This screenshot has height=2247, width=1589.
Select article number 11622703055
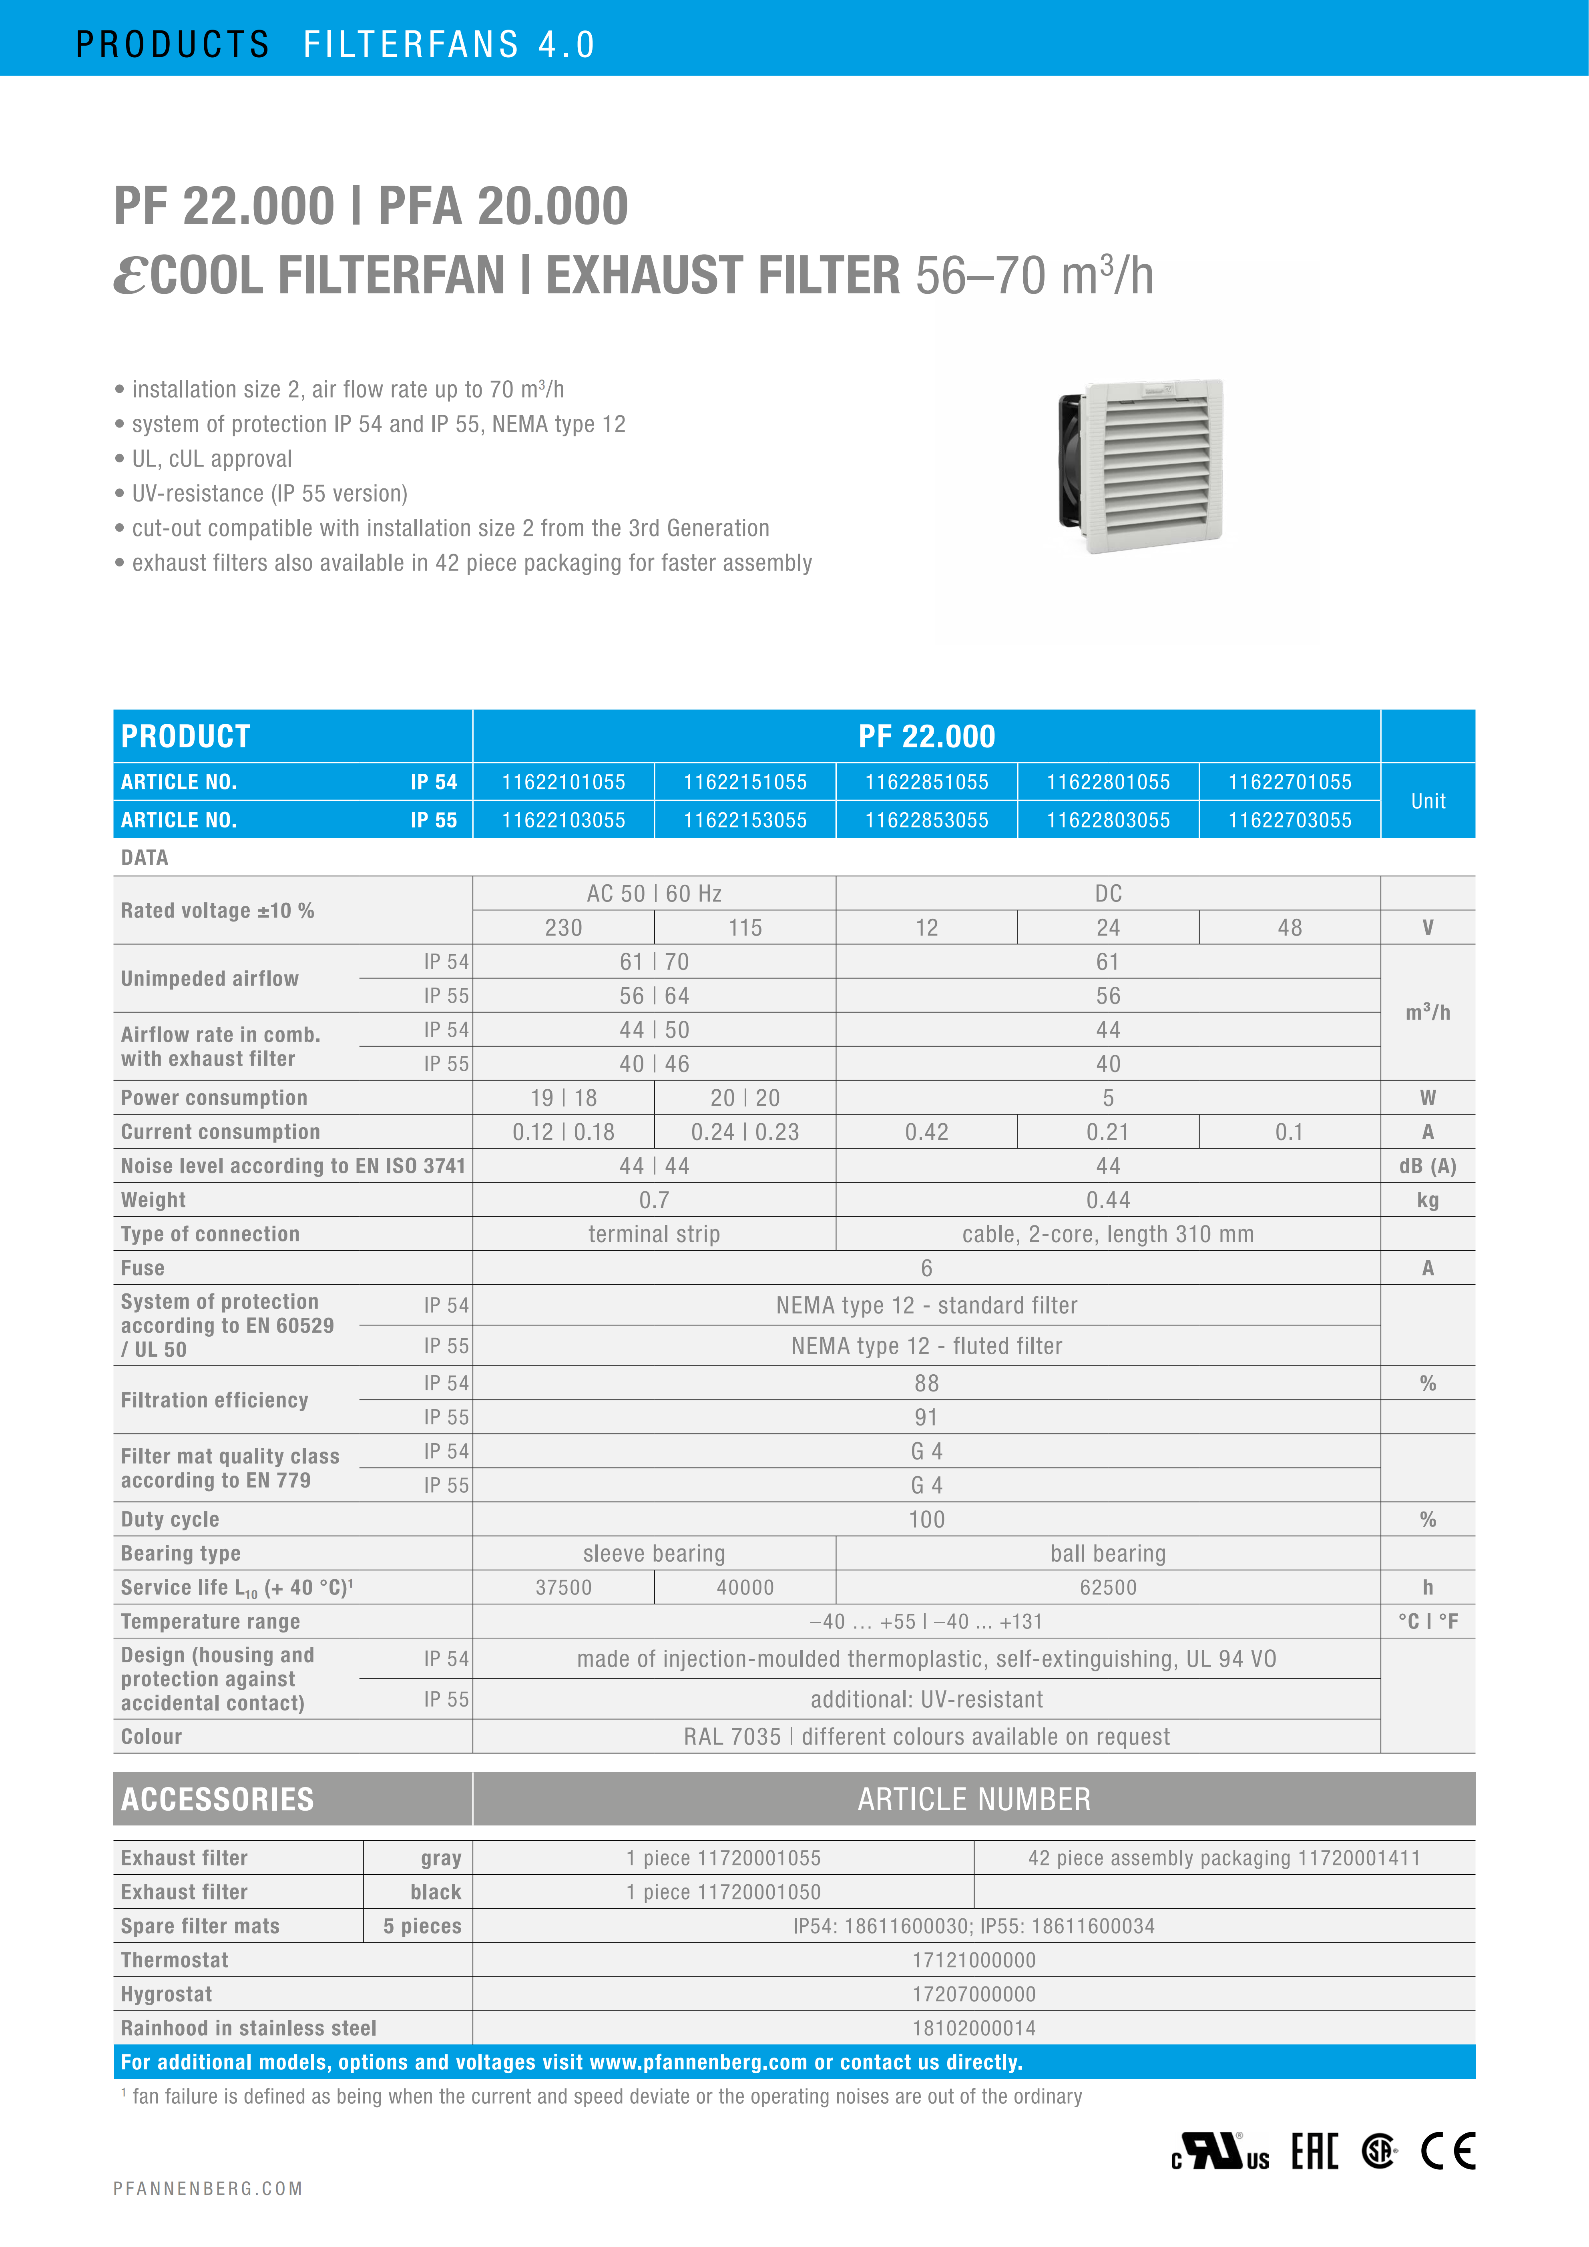pyautogui.click(x=1290, y=820)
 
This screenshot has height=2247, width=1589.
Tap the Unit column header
pyautogui.click(x=1428, y=801)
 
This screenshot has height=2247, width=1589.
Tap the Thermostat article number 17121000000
pyautogui.click(x=974, y=1960)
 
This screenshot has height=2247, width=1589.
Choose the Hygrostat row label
pyautogui.click(x=166, y=1994)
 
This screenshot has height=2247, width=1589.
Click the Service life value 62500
pyautogui.click(x=1108, y=1587)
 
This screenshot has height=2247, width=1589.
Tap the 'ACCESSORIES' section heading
pyautogui.click(x=217, y=1799)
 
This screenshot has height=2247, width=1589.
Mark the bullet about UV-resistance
pyautogui.click(x=269, y=493)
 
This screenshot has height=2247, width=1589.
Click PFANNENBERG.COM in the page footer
pyautogui.click(x=207, y=2188)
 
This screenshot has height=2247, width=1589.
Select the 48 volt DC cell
pyautogui.click(x=1290, y=928)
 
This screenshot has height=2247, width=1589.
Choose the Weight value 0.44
pyautogui.click(x=1108, y=1200)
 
